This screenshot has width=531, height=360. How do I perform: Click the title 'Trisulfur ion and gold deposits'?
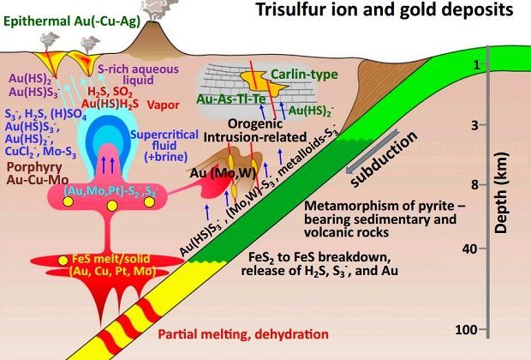[x=385, y=12]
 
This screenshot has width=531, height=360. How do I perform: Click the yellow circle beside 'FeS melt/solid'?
[x=63, y=260]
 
